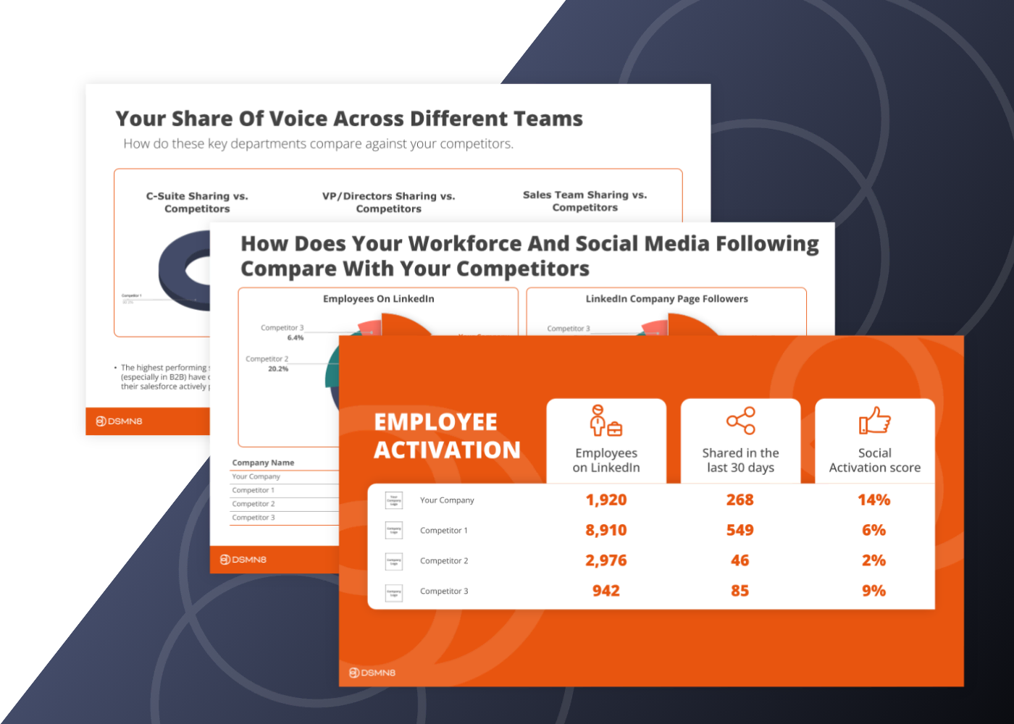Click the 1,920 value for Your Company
coord(606,500)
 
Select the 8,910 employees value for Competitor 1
coord(606,531)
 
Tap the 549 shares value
coord(739,531)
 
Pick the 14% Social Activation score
coord(873,500)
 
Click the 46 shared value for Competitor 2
coord(739,561)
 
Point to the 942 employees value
coord(606,592)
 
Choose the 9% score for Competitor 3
coord(873,592)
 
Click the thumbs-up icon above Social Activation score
coord(874,421)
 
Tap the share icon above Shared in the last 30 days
coord(740,421)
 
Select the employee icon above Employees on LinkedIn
coord(606,421)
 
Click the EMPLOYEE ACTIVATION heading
coord(447,436)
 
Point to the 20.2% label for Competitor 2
coord(278,369)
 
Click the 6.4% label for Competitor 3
coord(296,338)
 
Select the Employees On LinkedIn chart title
coord(378,299)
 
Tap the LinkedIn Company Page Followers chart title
coord(666,299)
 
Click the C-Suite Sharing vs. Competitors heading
coord(197,203)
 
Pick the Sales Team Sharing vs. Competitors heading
coord(584,201)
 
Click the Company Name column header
coord(263,463)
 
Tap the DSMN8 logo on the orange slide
coord(372,673)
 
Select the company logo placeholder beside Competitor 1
coord(394,531)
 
